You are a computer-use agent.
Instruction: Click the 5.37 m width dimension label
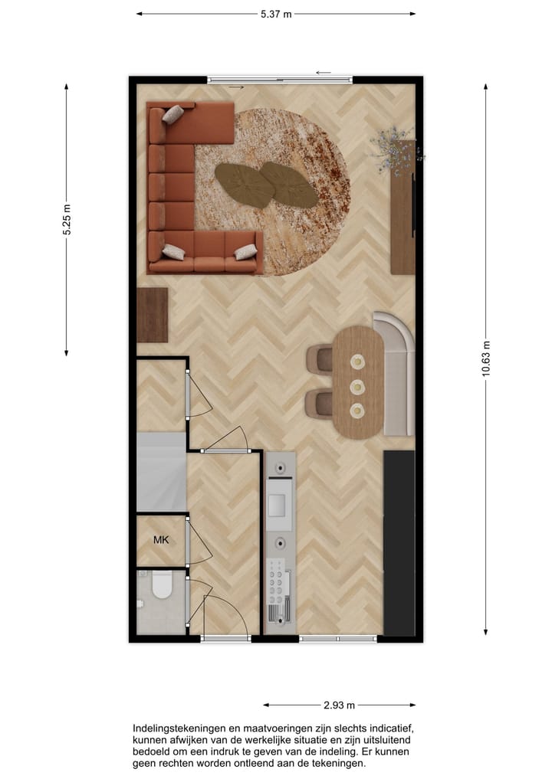pos(276,13)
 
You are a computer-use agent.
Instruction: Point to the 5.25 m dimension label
pos(67,221)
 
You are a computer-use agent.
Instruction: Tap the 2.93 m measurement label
pos(339,705)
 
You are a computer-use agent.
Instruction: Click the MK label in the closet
pos(161,540)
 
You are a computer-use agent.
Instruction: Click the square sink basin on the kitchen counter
pos(278,504)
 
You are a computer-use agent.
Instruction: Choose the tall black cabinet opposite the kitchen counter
pos(399,542)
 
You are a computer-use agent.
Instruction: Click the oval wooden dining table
pos(357,381)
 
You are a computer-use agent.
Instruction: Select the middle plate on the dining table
pos(357,386)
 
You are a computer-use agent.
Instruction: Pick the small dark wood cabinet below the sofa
pos(152,315)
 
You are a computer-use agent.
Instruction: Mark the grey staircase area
pos(161,472)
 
